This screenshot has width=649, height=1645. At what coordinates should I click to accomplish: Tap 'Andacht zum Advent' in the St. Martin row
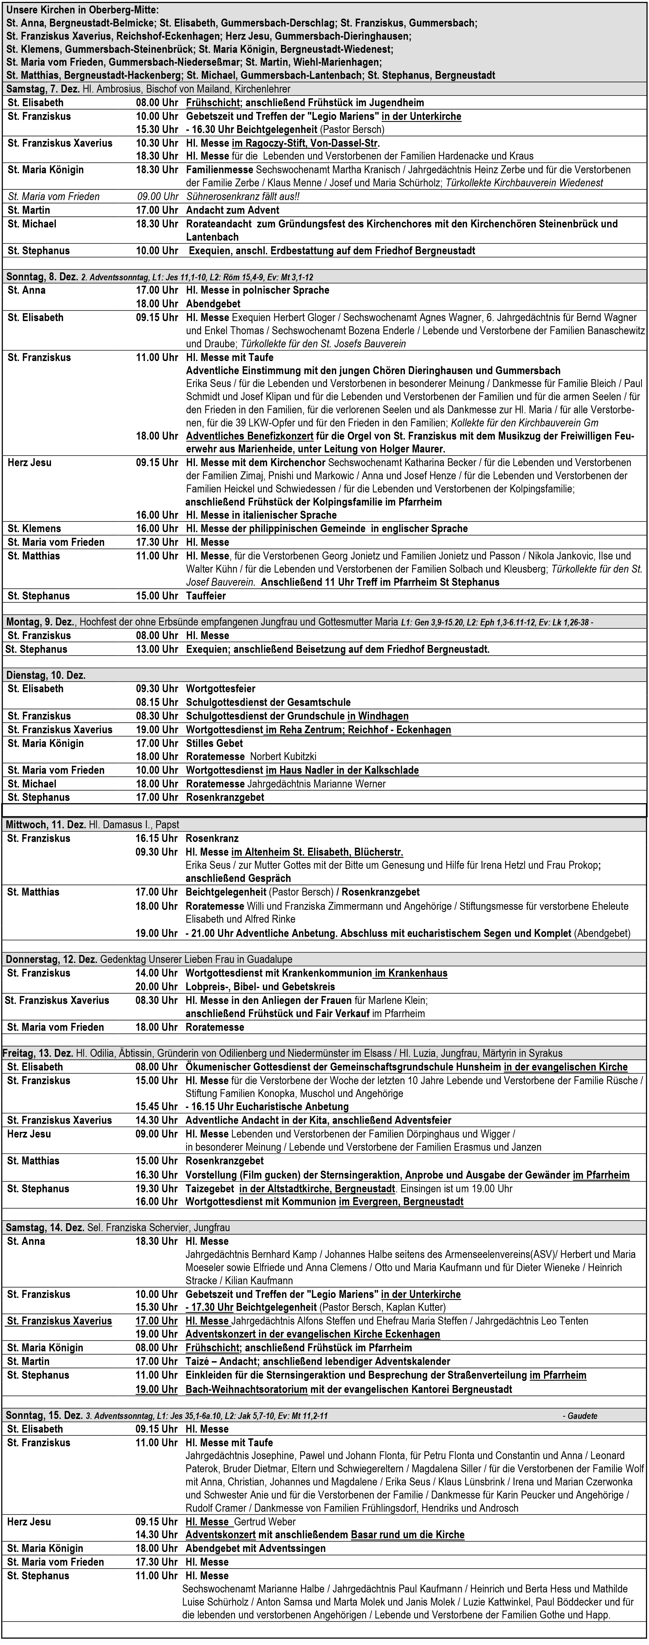232,210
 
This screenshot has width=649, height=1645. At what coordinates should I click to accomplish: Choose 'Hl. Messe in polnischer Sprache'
257,290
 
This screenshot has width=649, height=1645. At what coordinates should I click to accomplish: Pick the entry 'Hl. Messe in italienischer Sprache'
261,515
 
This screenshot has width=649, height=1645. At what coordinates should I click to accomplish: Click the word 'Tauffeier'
206,596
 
